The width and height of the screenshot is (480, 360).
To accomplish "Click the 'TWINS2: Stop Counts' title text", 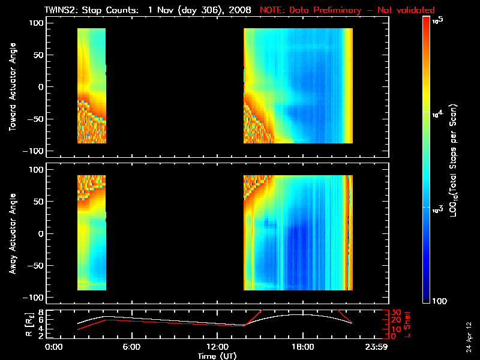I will (94, 10).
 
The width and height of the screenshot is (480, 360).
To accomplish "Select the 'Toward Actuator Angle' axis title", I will (11, 86).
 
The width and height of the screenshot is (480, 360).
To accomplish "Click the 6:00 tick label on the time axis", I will (131, 346).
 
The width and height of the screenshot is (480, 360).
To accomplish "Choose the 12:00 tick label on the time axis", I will (217, 346).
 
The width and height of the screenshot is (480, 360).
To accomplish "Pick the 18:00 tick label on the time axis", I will (302, 346).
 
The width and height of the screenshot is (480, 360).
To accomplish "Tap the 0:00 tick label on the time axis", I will (54, 346).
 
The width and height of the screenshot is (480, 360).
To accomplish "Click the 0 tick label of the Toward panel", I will (40, 86).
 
